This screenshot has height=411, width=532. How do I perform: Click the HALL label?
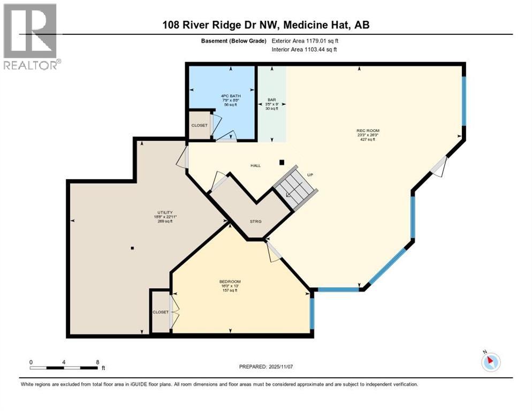click(x=256, y=166)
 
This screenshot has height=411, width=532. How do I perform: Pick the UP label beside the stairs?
click(x=309, y=174)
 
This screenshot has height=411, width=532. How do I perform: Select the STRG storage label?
click(x=256, y=220)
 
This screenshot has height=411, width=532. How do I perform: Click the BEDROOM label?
click(x=230, y=282)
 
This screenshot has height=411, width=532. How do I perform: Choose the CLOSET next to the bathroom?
click(x=199, y=125)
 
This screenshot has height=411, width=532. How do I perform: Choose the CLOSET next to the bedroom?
click(x=161, y=312)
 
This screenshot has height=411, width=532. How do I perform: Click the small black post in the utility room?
click(x=132, y=248)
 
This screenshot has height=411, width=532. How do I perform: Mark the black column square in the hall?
click(x=282, y=162)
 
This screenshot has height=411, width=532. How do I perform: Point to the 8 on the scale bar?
click(x=97, y=362)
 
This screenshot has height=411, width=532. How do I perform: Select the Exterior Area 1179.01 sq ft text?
click(x=305, y=41)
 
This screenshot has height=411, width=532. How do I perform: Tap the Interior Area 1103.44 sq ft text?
click(x=305, y=50)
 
